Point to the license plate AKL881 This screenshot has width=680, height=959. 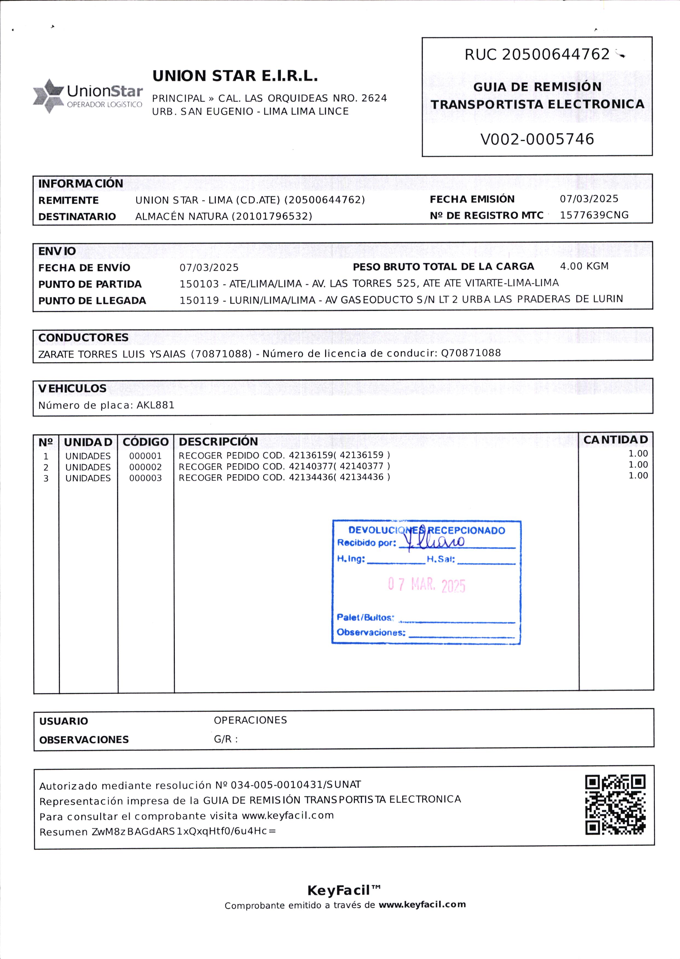point(155,405)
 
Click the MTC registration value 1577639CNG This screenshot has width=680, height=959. point(594,215)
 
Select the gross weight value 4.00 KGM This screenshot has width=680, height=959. point(584,266)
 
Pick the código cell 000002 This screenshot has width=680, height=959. point(145,467)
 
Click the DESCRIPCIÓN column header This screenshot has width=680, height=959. point(218,442)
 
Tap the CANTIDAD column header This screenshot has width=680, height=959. point(615,440)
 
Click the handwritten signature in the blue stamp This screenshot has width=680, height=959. point(435,541)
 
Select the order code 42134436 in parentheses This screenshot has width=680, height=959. point(361,477)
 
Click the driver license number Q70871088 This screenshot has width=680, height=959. point(471,353)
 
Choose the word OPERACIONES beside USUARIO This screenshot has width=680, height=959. point(250,720)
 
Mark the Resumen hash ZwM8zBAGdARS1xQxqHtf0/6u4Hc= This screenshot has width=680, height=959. point(184,831)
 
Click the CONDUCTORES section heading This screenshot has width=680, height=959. point(83,337)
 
